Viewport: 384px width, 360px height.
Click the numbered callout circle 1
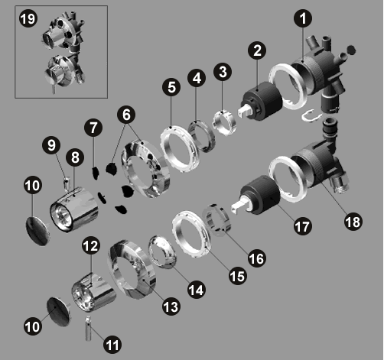(303, 18)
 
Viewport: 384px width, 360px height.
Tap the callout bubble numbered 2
(257, 50)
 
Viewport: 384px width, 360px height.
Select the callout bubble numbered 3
(223, 72)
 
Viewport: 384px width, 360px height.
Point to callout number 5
(171, 87)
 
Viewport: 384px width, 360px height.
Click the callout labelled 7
(93, 128)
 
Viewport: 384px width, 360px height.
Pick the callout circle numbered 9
(51, 145)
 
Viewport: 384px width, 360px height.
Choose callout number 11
(112, 345)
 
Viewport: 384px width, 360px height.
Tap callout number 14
(197, 290)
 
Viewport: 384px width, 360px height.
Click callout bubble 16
(256, 258)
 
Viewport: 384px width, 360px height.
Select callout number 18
(353, 222)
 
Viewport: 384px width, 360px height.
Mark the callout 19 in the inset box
(28, 18)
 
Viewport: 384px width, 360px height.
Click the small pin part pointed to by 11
(88, 328)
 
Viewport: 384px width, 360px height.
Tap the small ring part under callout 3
(224, 122)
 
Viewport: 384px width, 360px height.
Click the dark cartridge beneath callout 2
(262, 101)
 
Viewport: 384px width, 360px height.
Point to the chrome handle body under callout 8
(74, 209)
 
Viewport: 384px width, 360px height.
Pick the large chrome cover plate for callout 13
(132, 269)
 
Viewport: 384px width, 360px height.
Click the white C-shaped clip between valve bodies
(311, 116)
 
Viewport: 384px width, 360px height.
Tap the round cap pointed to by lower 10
(59, 312)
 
